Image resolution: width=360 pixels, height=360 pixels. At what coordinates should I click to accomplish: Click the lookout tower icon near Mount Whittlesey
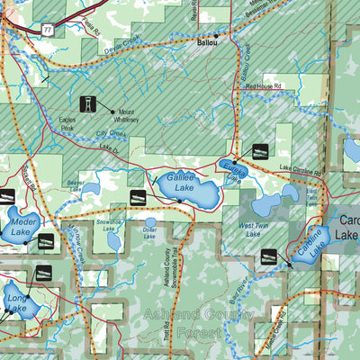[89, 105]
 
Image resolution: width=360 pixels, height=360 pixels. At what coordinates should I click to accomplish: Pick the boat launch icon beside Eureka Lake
[260, 150]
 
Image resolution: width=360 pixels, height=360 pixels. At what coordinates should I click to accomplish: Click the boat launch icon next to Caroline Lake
[269, 256]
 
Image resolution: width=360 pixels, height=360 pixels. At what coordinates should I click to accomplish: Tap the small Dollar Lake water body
[151, 221]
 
